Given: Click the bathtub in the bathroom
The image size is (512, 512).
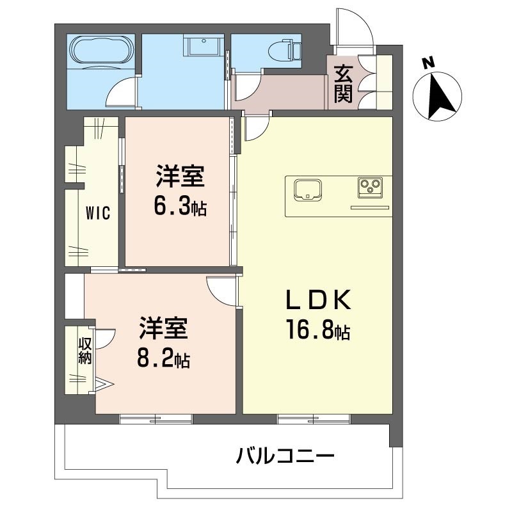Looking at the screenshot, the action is (102, 50).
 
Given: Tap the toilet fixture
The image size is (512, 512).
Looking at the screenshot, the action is (284, 51).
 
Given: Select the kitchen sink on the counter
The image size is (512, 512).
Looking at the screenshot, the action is (307, 189).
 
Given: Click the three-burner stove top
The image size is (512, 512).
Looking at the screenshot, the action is (370, 188).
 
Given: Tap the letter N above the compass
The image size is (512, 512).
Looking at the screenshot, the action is (428, 62).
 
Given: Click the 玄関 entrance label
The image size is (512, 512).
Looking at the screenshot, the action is (343, 84).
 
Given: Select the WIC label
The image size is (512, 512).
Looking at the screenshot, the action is (98, 213).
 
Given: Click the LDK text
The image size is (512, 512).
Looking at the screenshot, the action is (318, 300).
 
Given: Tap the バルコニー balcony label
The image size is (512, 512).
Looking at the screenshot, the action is (285, 456).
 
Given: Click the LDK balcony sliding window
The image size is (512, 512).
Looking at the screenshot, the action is (314, 419).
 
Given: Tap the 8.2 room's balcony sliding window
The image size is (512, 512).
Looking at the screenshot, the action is (156, 419).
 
